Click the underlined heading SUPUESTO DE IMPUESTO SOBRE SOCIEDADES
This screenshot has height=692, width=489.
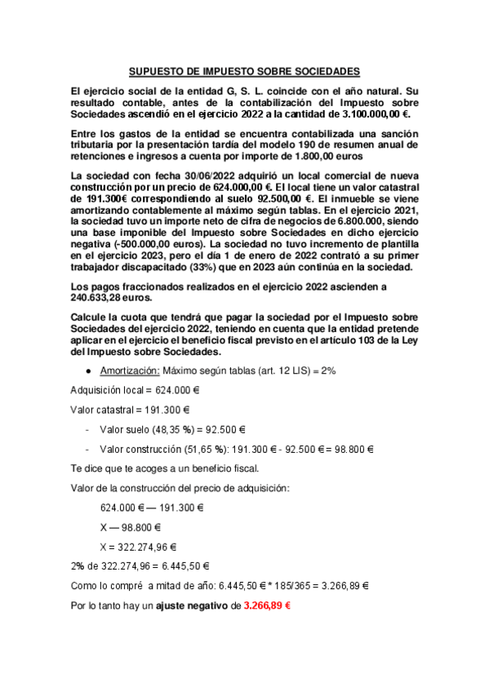pyautogui.click(x=244, y=72)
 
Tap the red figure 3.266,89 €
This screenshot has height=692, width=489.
pyautogui.click(x=268, y=606)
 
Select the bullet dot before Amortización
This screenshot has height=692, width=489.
pyautogui.click(x=87, y=370)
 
